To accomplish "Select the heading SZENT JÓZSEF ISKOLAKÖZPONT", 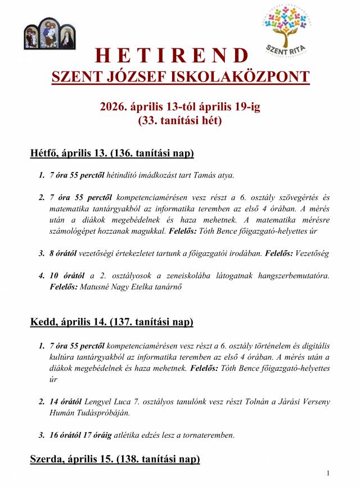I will (x=180, y=76).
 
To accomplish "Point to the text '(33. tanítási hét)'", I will (x=180, y=120).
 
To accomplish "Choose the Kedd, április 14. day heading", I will (x=111, y=322).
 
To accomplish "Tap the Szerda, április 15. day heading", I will (x=115, y=459).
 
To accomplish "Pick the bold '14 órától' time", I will (x=66, y=402).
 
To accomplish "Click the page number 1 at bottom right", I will (x=328, y=474).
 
